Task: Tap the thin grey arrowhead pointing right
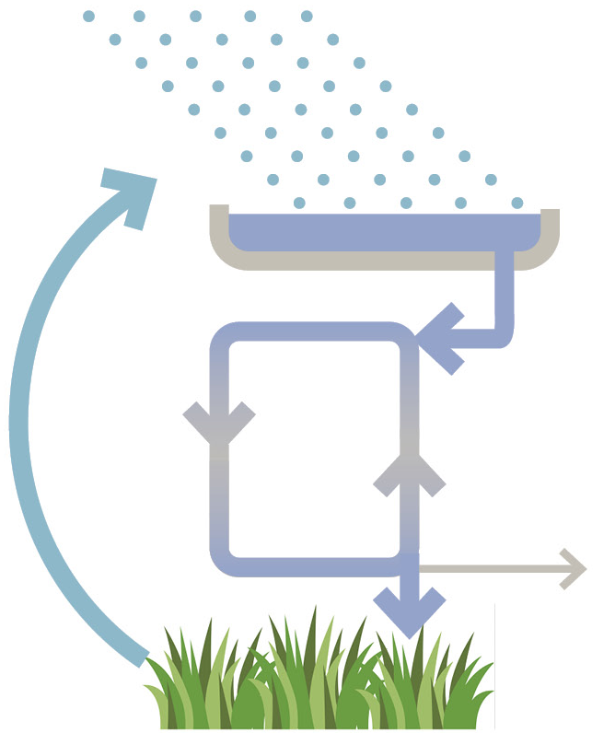click(x=575, y=568)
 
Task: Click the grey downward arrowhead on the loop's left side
click(x=219, y=421)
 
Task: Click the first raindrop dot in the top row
click(x=89, y=16)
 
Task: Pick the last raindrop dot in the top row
click(x=307, y=16)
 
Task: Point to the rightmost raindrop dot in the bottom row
click(x=517, y=203)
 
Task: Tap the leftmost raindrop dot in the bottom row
click(x=299, y=203)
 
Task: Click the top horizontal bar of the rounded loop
click(x=313, y=332)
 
